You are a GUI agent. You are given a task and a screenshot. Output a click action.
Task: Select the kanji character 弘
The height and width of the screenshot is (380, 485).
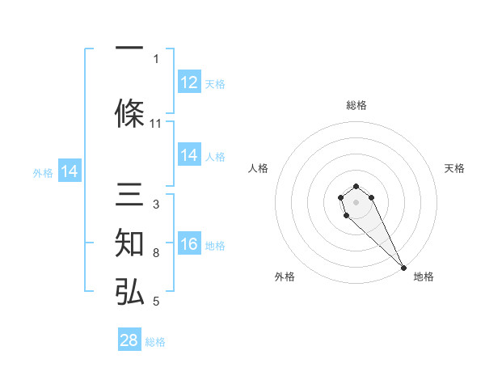[129, 291]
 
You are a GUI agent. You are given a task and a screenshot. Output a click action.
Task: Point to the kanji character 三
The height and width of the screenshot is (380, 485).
[129, 194]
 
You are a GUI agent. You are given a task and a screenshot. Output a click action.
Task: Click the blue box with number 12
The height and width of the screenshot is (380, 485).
[189, 82]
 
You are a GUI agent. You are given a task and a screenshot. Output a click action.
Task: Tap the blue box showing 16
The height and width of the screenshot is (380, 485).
[189, 244]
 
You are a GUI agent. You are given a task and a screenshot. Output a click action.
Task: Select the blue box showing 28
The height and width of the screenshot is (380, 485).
[129, 340]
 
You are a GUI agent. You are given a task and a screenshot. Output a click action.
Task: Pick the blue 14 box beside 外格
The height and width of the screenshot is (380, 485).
[69, 171]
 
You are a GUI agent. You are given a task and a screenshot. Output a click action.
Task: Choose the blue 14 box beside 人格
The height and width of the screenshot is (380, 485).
[189, 155]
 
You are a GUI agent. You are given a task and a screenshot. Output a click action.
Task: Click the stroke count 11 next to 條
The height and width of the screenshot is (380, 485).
[156, 123]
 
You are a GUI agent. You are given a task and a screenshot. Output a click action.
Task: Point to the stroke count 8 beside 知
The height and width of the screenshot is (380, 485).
[156, 253]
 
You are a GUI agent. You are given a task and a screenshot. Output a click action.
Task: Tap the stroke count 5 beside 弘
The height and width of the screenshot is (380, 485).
[156, 302]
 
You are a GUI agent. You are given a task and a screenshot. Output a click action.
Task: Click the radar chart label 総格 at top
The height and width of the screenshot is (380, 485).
[356, 105]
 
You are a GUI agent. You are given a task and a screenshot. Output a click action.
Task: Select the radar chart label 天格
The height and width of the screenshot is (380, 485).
[455, 168]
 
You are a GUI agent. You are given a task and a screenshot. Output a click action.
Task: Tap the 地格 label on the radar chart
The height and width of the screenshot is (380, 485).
[424, 277]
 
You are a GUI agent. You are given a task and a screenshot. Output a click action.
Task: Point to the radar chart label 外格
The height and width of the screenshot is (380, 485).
[285, 277]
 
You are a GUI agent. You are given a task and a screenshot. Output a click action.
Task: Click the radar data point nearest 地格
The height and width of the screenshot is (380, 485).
[403, 268]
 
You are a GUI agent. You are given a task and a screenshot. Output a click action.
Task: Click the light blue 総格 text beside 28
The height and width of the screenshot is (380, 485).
[155, 342]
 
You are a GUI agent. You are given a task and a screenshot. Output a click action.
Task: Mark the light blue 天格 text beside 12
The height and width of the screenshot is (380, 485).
[215, 84]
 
